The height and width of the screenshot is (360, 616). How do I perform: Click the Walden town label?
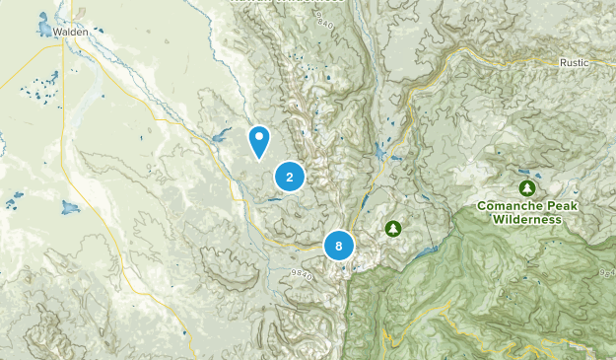pos(72,33)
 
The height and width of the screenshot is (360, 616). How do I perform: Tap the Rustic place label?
pos(575,62)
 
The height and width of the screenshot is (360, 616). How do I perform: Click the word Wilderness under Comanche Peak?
pos(527,219)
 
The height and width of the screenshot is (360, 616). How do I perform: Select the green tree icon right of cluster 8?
pos(393,229)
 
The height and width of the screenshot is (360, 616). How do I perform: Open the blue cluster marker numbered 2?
pos(290,178)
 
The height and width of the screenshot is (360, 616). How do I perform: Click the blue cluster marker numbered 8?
pos(339,247)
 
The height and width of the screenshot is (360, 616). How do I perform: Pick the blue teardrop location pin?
pos(259,140)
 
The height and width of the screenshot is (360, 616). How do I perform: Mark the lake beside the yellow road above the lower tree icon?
pos(381,153)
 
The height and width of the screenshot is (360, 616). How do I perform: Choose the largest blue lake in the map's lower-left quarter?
pos(70,208)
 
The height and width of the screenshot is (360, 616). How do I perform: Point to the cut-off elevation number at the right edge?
pos(607,272)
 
